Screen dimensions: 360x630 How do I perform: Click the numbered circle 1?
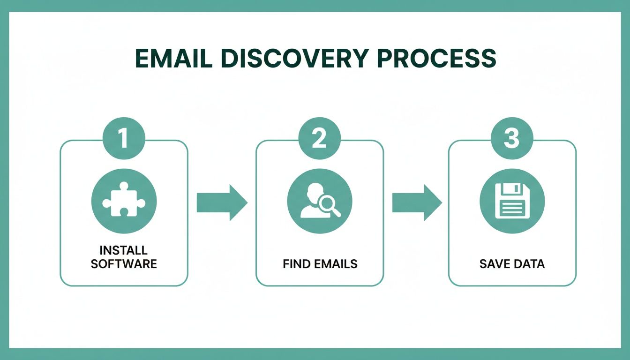point(123,139)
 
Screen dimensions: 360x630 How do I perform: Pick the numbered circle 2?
point(319,139)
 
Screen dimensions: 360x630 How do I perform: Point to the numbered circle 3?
point(512,139)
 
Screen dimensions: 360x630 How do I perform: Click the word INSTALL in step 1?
point(124,250)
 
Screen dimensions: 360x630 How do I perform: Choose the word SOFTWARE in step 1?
point(124,263)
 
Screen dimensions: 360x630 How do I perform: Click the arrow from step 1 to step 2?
point(221,202)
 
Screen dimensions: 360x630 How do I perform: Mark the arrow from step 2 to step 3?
point(416,202)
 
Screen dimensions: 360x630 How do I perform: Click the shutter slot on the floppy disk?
point(516,189)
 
